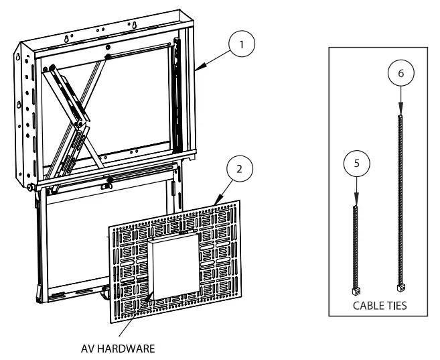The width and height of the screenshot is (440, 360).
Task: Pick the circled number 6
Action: pos(400,74)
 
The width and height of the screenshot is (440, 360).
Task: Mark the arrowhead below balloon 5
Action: pos(356,203)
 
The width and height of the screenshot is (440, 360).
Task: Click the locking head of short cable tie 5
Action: pos(356,291)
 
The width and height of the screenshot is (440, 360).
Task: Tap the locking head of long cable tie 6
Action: pos(401,287)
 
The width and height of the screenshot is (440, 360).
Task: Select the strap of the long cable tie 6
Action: pos(400,201)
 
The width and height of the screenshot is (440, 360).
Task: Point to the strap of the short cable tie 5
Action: pos(356,248)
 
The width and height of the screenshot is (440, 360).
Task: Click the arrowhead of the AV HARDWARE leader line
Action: pos(153,293)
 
